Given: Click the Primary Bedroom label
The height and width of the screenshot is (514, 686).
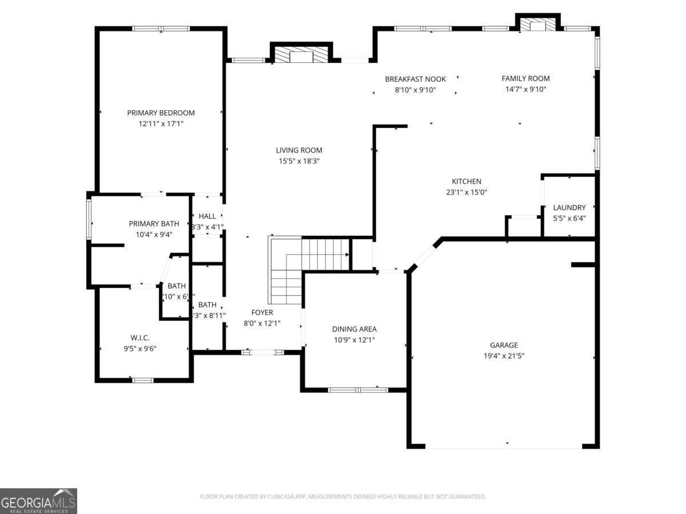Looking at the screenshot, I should click(161, 113).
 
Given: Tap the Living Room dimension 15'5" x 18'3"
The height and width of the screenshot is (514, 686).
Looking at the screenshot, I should click(296, 161).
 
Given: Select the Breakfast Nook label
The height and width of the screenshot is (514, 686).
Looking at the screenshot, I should click(415, 79).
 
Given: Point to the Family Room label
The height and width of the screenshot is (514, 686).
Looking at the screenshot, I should click(525, 79).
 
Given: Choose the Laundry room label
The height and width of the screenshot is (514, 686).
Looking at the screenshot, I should click(569, 208).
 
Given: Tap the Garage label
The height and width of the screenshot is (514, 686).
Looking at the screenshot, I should click(504, 345).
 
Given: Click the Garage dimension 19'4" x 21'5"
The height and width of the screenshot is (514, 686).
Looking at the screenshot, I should click(504, 355).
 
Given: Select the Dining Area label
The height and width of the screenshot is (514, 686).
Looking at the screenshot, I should click(354, 329).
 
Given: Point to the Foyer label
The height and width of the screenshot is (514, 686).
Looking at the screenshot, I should click(262, 312).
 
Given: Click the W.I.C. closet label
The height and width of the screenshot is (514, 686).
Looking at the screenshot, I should click(140, 338).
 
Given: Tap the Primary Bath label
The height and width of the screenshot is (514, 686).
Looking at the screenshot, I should click(154, 224).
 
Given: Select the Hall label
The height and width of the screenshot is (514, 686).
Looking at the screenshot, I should click(208, 216).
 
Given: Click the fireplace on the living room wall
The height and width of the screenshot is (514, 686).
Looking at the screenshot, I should click(301, 55).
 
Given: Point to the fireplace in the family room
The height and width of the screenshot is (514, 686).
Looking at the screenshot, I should click(537, 25).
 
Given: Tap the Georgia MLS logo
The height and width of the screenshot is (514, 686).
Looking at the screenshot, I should click(38, 501).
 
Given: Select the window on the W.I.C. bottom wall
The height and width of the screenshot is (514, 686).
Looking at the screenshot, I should click(143, 380).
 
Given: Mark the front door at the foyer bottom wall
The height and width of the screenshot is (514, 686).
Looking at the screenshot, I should click(262, 352).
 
